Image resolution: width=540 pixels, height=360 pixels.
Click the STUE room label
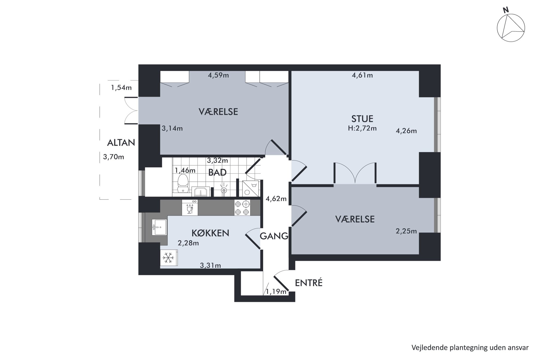[362, 119]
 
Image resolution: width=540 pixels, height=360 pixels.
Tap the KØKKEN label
[210, 233]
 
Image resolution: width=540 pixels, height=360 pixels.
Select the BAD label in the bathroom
[217, 173]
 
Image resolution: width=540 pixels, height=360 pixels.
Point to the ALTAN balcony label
[121, 143]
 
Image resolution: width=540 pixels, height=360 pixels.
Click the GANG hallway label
[274, 236]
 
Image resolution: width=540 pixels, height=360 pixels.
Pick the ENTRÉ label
[309, 283]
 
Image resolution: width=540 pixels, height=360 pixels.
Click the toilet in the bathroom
[183, 183]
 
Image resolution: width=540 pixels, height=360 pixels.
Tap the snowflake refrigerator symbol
[168, 257]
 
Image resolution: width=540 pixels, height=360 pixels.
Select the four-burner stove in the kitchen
[242, 208]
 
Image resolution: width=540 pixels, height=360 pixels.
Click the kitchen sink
[159, 227]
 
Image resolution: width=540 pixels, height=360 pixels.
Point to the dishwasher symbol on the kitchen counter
[190, 208]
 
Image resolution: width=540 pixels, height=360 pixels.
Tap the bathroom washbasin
[201, 192]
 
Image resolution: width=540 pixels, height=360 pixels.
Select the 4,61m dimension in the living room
[362, 75]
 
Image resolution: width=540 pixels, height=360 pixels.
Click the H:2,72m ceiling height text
[362, 128]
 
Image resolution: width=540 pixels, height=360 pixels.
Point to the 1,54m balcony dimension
[121, 88]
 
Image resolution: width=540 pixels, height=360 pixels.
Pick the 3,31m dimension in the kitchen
[210, 265]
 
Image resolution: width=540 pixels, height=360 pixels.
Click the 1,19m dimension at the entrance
[276, 292]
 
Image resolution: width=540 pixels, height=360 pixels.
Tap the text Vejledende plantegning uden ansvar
[470, 347]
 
